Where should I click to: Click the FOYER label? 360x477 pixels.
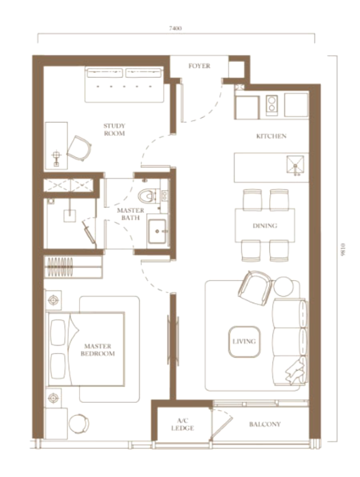(x=199, y=66)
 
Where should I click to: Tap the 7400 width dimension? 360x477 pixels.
(x=176, y=29)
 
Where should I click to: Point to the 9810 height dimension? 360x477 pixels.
(x=344, y=249)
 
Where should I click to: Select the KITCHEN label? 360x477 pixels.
(x=271, y=136)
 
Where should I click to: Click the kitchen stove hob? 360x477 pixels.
(x=272, y=106)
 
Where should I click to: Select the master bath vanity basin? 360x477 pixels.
(x=157, y=231)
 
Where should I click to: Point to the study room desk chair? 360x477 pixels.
(x=79, y=149)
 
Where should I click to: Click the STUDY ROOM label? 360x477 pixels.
(x=114, y=129)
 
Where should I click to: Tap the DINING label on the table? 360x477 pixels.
(x=265, y=226)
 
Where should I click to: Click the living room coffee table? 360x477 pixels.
(x=244, y=341)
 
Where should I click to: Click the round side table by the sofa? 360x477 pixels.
(x=284, y=287)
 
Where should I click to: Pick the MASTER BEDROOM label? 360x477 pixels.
(x=97, y=350)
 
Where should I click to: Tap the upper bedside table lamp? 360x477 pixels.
(x=54, y=301)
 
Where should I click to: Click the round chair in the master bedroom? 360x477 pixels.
(x=79, y=424)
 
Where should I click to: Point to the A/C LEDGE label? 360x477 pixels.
(x=183, y=425)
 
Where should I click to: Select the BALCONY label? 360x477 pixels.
(x=265, y=425)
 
